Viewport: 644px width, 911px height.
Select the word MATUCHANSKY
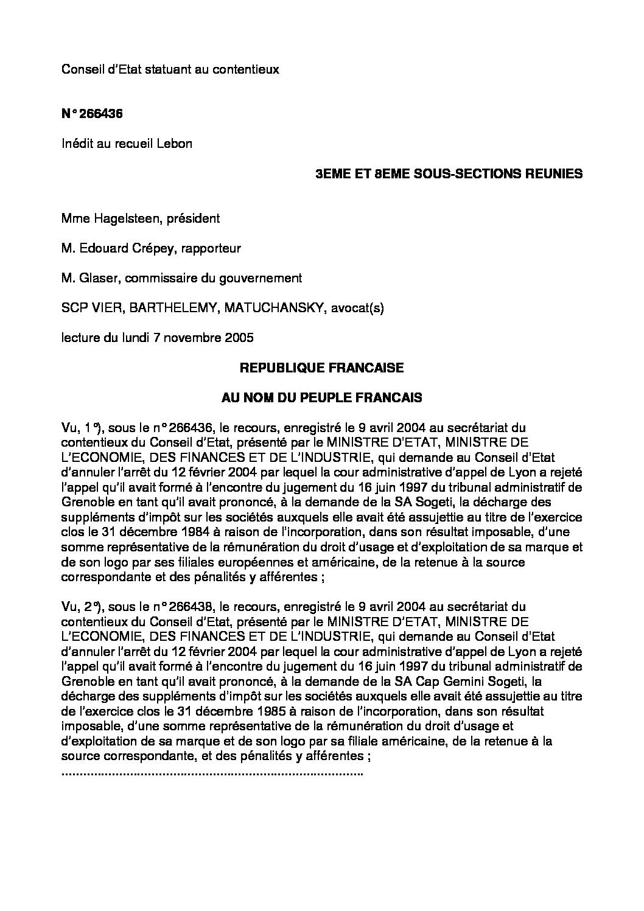[x=276, y=308]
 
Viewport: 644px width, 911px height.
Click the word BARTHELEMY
[x=178, y=308]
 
